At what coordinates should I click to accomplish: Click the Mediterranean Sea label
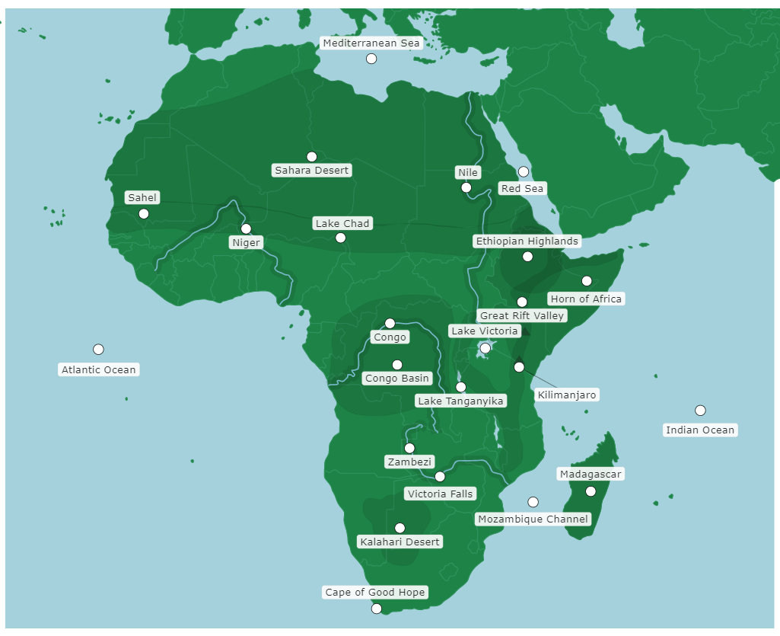[x=371, y=43]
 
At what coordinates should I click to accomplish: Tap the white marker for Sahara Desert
[x=311, y=157]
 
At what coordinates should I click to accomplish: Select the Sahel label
[x=142, y=197]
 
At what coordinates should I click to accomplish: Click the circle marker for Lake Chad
[x=340, y=238]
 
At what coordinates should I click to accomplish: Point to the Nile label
[x=467, y=172]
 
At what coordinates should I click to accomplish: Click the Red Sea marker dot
[x=524, y=171]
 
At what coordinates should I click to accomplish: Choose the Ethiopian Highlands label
[x=527, y=241]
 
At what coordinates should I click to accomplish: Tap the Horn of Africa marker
[x=587, y=281]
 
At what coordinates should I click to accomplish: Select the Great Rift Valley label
[x=522, y=315]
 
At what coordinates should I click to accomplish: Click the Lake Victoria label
[x=485, y=331]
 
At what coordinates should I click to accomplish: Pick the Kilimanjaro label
[x=567, y=395]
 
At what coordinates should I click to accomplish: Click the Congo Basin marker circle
[x=397, y=365]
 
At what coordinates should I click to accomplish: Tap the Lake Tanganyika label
[x=461, y=401]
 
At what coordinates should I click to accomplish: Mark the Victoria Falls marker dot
[x=440, y=477]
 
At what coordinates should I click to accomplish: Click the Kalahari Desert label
[x=400, y=542]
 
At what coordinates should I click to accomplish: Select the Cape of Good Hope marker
[x=376, y=608]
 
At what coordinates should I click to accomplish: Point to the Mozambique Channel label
[x=533, y=519]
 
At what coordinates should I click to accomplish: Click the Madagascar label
[x=591, y=474]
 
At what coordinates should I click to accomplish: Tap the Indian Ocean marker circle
[x=700, y=411]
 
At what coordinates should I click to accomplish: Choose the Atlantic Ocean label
[x=99, y=369]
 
